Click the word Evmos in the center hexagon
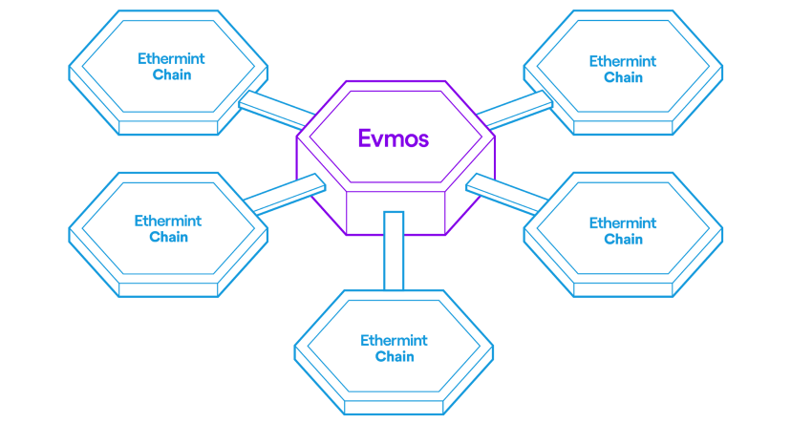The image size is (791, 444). [394, 138]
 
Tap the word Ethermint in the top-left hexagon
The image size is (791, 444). [171, 59]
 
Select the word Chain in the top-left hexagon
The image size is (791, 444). [172, 74]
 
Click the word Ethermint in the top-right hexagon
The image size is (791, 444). [623, 61]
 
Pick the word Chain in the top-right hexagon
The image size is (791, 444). [623, 77]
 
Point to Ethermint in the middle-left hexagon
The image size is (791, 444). [168, 221]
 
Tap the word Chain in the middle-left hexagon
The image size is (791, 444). [169, 237]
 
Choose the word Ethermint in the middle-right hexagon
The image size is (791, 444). [623, 223]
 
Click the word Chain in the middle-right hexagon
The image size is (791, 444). [623, 239]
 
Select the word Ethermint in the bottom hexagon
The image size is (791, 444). [394, 340]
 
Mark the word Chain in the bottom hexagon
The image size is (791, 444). [395, 356]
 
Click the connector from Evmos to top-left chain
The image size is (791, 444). [275, 109]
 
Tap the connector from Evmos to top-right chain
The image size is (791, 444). [513, 109]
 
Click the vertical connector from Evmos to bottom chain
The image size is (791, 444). [394, 250]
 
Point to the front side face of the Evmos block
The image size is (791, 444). [395, 212]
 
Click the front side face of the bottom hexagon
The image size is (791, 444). [394, 408]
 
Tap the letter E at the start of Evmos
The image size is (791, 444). [365, 138]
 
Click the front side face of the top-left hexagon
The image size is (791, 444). [168, 126]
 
